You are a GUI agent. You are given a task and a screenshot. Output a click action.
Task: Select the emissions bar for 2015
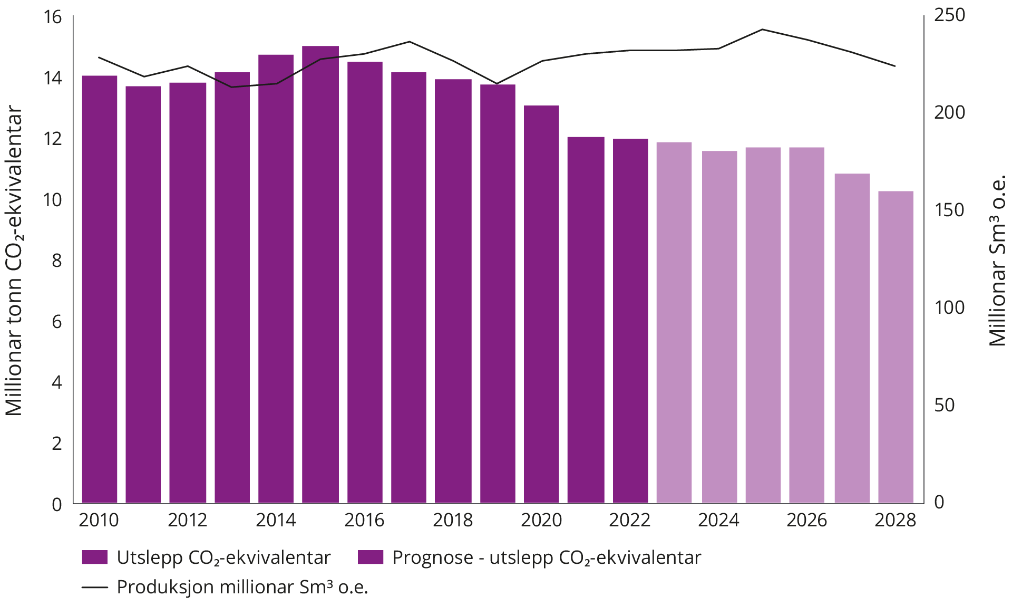(x=320, y=274)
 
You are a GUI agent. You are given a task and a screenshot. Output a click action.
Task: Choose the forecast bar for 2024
(x=719, y=327)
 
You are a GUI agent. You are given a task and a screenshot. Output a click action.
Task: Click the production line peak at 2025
(x=762, y=30)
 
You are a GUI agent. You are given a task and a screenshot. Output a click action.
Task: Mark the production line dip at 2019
(x=496, y=83)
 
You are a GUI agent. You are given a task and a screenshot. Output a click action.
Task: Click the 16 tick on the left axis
(x=53, y=17)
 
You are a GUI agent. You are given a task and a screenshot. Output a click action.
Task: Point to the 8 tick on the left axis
(x=56, y=261)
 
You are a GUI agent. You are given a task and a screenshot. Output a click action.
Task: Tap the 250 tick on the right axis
(x=949, y=15)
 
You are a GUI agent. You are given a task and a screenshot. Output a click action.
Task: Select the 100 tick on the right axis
(x=949, y=307)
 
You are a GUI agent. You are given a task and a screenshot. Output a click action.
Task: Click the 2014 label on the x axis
(x=276, y=520)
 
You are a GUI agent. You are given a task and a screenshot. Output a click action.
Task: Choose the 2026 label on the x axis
(x=807, y=520)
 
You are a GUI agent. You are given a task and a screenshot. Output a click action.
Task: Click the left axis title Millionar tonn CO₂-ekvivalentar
(x=14, y=261)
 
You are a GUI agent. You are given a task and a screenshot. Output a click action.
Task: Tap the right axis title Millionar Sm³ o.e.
(x=998, y=261)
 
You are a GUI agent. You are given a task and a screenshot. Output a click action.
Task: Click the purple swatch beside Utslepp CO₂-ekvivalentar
(x=94, y=557)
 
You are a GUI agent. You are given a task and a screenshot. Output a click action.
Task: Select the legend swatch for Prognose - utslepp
(x=371, y=557)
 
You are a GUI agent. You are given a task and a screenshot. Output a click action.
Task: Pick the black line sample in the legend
(x=94, y=587)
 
